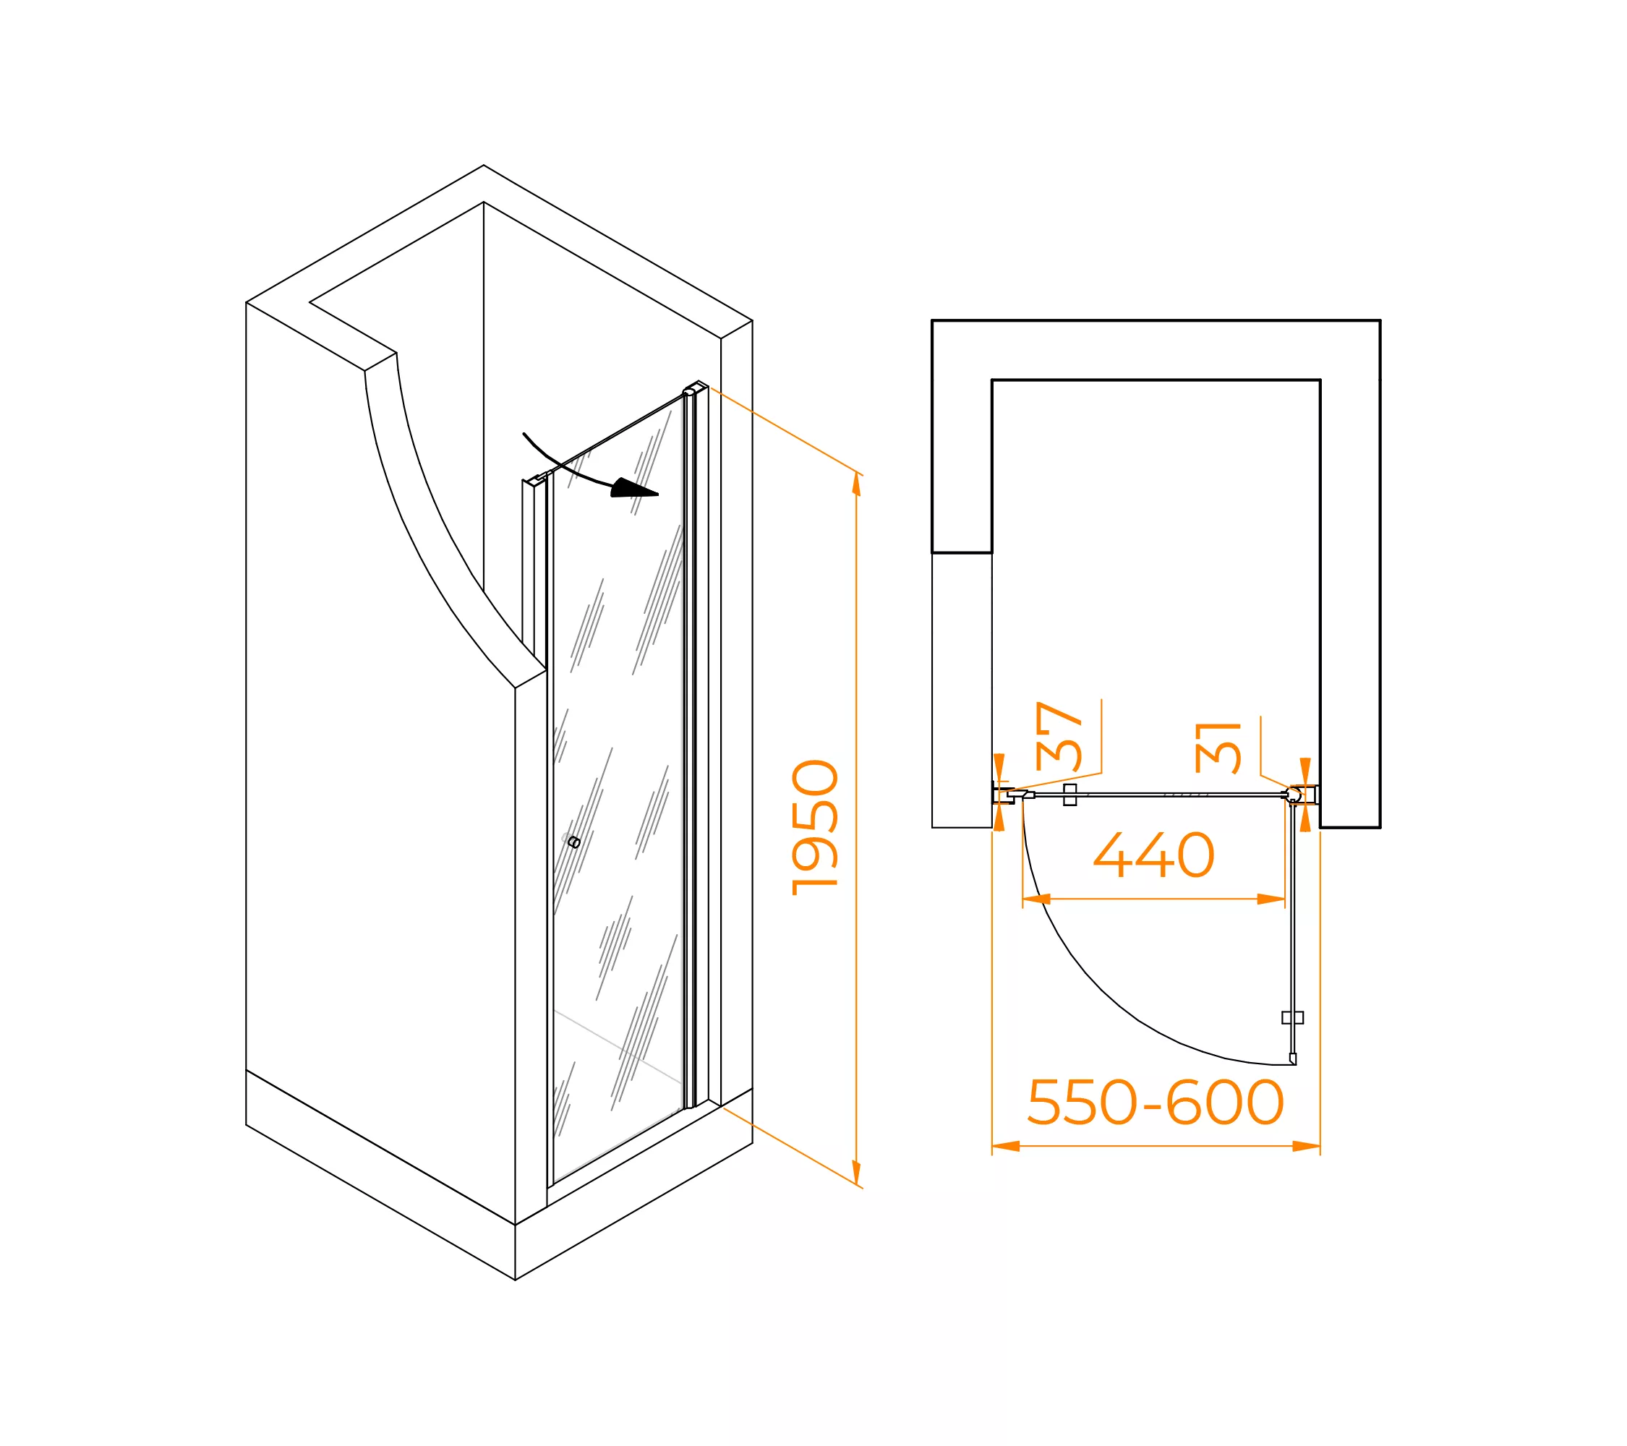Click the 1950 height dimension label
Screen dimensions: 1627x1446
click(815, 828)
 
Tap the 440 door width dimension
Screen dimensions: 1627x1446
click(1154, 855)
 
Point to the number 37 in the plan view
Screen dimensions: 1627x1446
click(1059, 736)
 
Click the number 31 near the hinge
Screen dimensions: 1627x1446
click(1218, 748)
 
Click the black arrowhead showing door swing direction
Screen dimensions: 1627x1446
click(633, 489)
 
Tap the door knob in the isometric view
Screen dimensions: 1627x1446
click(574, 843)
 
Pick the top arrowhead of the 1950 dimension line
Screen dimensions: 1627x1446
click(856, 484)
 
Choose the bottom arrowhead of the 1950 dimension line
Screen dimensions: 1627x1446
click(856, 1173)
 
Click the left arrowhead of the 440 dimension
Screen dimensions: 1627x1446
click(1036, 899)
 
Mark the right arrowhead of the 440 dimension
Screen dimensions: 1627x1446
click(1271, 899)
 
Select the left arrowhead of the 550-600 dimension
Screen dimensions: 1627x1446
click(1006, 1146)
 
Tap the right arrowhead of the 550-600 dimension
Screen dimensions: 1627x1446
click(1306, 1146)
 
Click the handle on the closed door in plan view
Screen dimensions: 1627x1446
click(1069, 795)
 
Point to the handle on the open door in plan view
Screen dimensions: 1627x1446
click(1293, 1017)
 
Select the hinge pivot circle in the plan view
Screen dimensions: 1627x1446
click(1294, 795)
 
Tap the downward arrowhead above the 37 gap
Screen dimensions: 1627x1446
click(1000, 766)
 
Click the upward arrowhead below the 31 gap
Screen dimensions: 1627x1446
click(1305, 819)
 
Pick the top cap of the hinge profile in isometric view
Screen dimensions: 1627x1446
click(696, 388)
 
